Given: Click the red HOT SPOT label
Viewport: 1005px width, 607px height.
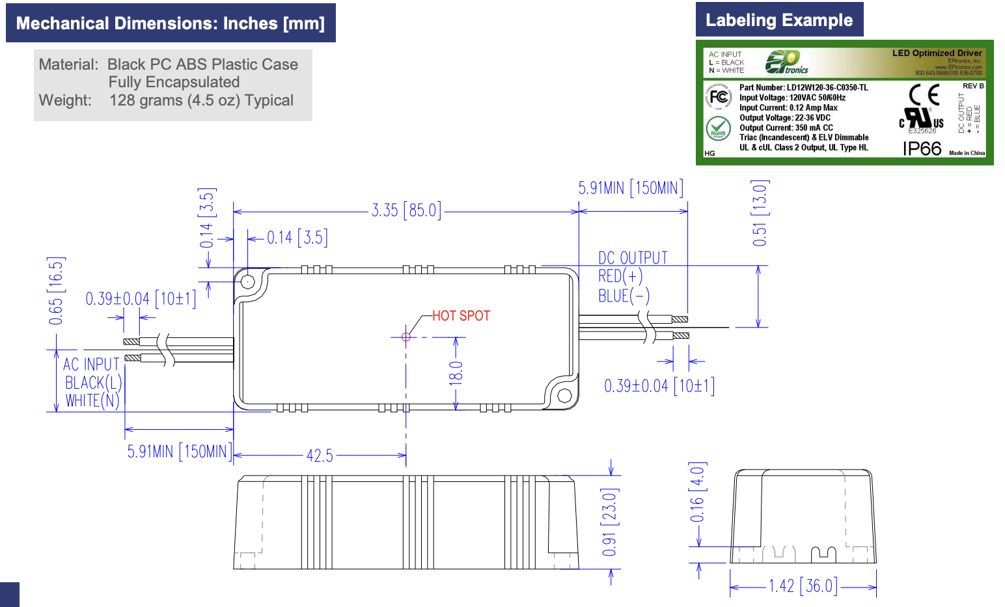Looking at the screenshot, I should (461, 316).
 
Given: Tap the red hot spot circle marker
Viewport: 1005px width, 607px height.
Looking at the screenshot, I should (406, 337).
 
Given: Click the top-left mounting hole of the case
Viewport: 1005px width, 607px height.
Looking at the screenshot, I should (248, 281).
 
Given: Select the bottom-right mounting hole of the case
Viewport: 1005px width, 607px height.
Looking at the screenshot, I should (564, 395).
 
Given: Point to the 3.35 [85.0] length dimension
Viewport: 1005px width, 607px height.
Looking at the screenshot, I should (406, 210).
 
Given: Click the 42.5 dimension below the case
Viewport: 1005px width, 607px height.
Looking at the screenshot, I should (320, 455).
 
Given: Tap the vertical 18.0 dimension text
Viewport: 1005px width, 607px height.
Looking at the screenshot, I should (456, 373).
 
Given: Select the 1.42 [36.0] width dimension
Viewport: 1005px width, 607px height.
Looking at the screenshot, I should (803, 586).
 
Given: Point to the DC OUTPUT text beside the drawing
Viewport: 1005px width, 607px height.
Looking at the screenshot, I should (633, 258).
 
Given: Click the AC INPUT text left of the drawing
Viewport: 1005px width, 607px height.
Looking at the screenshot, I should (91, 365).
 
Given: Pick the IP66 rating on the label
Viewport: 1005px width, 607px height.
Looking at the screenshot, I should (922, 149).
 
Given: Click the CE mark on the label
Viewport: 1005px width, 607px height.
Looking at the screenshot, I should (924, 96).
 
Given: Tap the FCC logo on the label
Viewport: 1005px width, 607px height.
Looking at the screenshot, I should (719, 98).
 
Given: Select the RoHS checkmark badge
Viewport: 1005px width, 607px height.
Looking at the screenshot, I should (718, 128).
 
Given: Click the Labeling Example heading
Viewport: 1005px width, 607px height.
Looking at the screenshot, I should (779, 20).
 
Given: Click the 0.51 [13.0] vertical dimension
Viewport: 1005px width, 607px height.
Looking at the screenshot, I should (760, 213).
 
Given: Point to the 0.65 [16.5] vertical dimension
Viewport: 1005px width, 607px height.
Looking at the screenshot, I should (56, 290).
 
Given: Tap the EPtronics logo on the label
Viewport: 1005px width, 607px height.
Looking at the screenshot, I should (786, 63).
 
